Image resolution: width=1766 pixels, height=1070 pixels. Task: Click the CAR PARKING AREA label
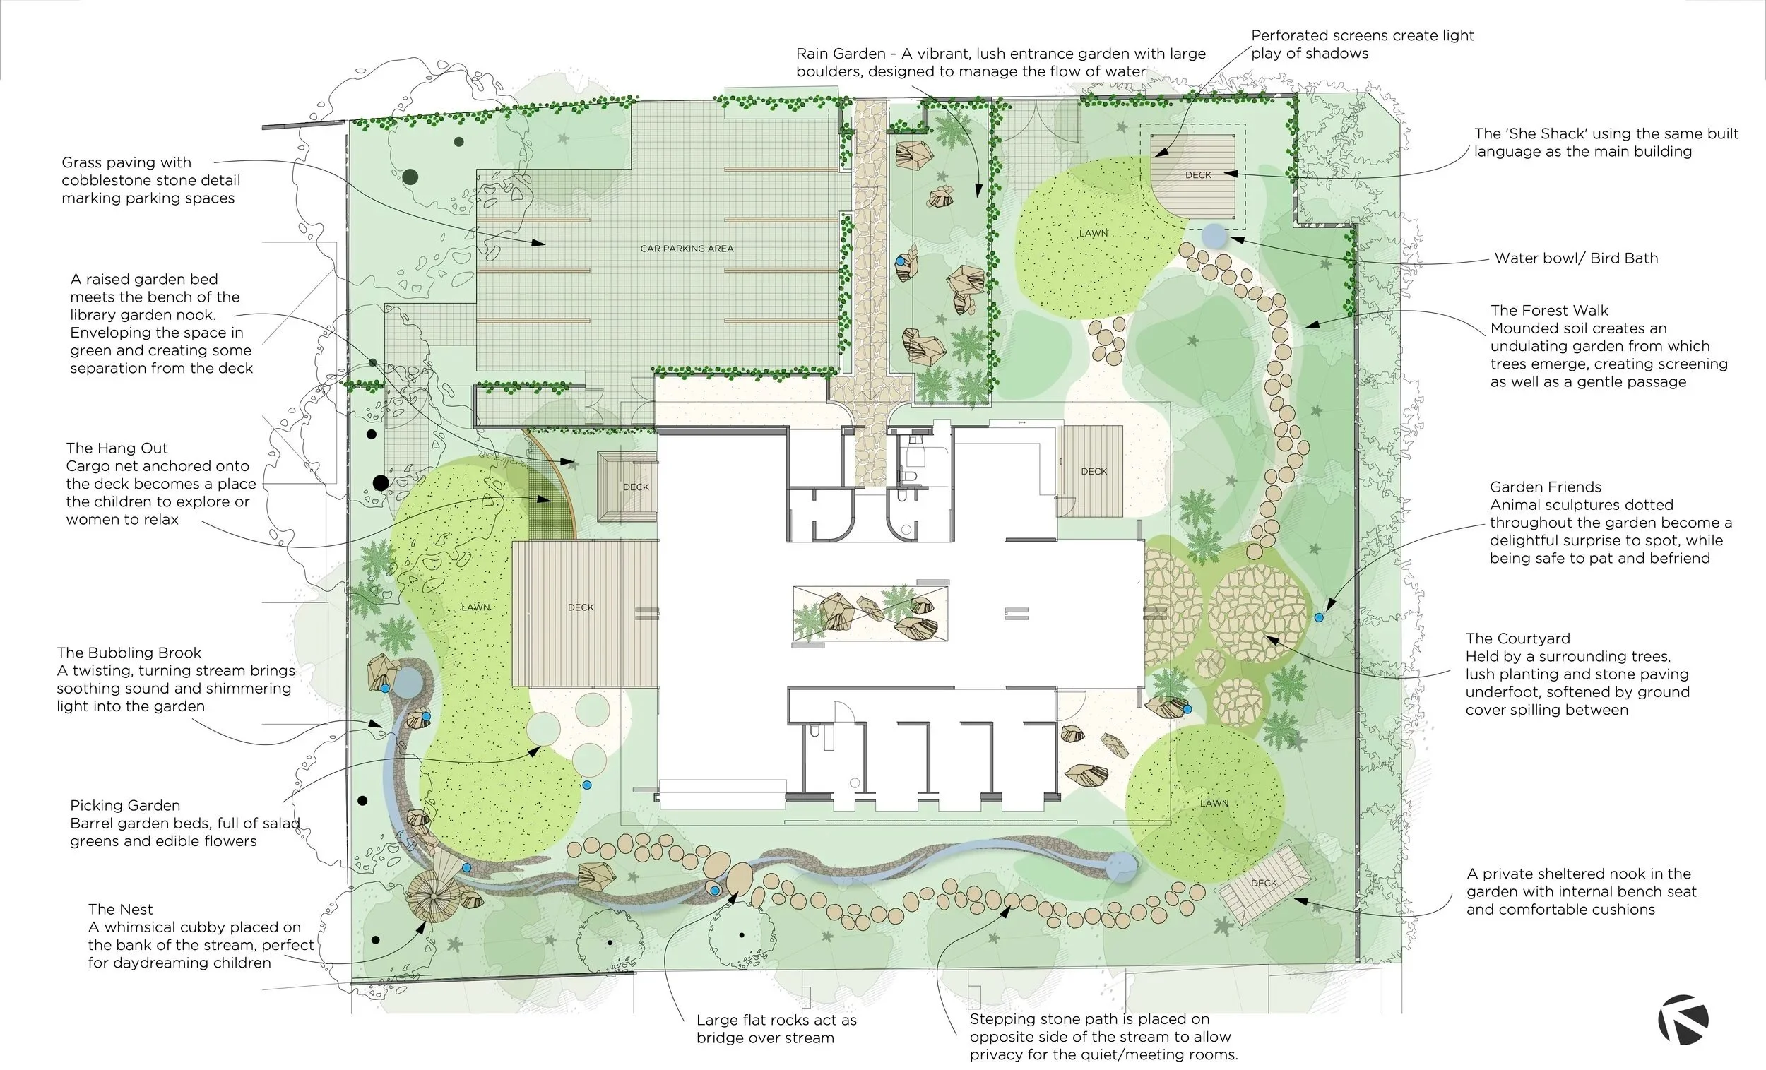pos(687,249)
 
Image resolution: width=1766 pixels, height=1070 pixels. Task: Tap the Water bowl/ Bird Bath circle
pos(1213,234)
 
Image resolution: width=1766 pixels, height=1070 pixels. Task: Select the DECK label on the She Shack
pos(1198,175)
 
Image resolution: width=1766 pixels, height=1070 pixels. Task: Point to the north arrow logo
pos(1683,1019)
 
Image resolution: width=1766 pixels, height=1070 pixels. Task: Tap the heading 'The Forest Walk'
pos(1550,310)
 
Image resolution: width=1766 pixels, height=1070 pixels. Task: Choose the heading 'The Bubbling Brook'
pos(129,653)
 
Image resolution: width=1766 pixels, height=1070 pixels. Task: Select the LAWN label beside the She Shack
pos(1094,234)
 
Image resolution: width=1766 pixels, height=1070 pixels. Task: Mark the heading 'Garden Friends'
pos(1546,487)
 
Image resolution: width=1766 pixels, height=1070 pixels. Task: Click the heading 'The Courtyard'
pos(1517,638)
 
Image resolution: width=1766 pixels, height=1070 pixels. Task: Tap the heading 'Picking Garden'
pos(126,806)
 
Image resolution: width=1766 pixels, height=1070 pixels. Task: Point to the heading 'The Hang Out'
pos(117,448)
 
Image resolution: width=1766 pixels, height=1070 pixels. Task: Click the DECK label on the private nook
pos(1264,883)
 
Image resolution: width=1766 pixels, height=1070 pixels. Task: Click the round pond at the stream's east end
pos(1122,867)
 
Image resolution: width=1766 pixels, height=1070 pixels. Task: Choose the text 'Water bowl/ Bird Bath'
pos(1576,258)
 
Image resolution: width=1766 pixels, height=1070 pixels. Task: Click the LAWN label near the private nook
pos(1214,804)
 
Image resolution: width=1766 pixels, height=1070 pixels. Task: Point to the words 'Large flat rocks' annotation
pos(746,1020)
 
